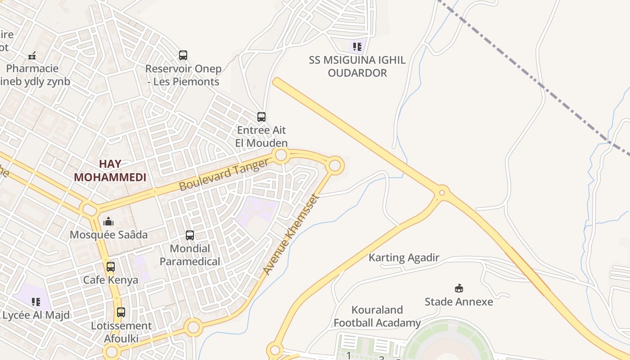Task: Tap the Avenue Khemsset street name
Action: pos(291,234)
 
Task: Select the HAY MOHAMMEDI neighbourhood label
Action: pos(110,171)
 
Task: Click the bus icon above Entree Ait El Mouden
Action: pos(261,117)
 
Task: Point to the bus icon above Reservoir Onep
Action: pos(183,55)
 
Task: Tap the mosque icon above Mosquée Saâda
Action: pos(108,221)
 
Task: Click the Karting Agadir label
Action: pos(404,258)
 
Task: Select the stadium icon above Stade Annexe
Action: pos(459,288)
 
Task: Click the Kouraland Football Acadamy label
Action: pos(377,316)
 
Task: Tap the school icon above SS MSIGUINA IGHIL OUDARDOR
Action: pos(357,46)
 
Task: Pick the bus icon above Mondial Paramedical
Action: pos(190,235)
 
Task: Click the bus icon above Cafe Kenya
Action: pos(111,266)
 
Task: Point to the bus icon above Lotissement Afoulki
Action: pos(121,312)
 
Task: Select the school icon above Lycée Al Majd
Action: pos(36,301)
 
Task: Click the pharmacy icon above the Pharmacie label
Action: pos(32,56)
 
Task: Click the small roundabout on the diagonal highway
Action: pos(442,193)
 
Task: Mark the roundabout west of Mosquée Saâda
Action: pos(89,210)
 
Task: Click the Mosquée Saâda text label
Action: pos(108,234)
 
